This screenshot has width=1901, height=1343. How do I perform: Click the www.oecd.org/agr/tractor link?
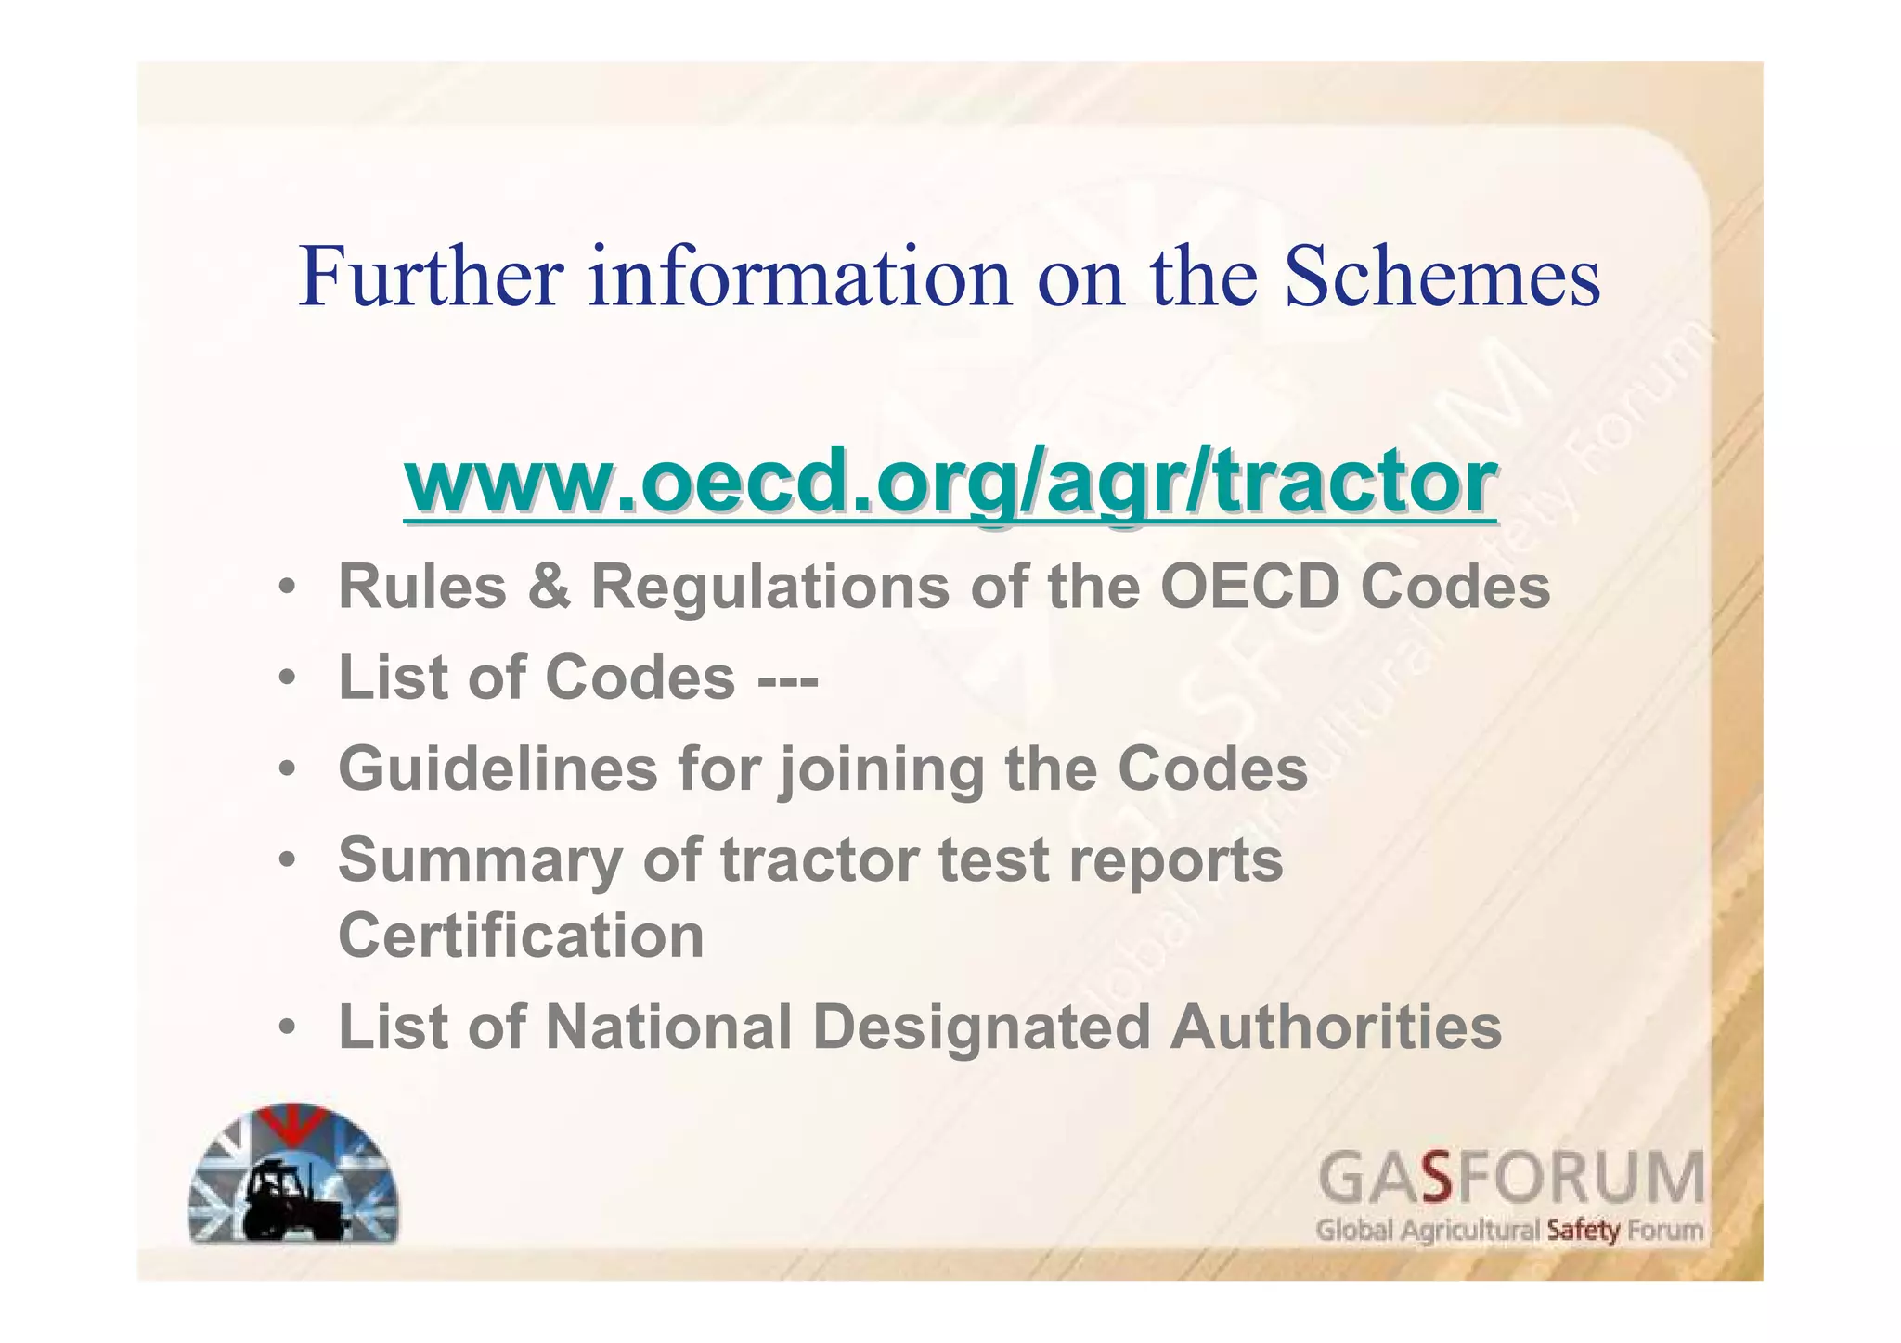[949, 483]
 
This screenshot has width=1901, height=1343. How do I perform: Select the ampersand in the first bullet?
[550, 587]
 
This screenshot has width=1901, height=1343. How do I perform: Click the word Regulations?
[770, 587]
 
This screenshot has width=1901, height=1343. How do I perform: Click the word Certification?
[521, 936]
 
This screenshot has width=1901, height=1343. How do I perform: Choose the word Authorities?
[1336, 1027]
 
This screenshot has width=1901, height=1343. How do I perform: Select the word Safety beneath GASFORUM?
[1584, 1232]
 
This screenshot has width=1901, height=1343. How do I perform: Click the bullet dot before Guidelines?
[289, 770]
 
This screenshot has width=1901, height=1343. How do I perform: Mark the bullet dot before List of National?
[289, 1028]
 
